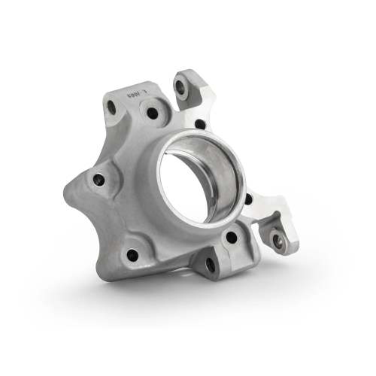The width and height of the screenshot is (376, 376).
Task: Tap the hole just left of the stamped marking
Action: pyautogui.click(x=111, y=108)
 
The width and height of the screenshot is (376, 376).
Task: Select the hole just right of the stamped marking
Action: pyautogui.click(x=152, y=114)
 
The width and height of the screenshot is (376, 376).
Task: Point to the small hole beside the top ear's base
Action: pyautogui.click(x=199, y=124)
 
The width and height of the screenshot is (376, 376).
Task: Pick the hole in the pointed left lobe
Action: pyautogui.click(x=99, y=179)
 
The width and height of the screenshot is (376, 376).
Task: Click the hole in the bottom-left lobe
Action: pyautogui.click(x=132, y=254)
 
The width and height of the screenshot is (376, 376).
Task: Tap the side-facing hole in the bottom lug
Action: pyautogui.click(x=210, y=265)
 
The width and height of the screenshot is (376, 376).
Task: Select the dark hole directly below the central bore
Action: pyautogui.click(x=232, y=237)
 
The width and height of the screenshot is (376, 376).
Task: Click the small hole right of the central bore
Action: pyautogui.click(x=248, y=199)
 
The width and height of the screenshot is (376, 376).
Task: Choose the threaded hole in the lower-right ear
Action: pyautogui.click(x=277, y=241)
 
